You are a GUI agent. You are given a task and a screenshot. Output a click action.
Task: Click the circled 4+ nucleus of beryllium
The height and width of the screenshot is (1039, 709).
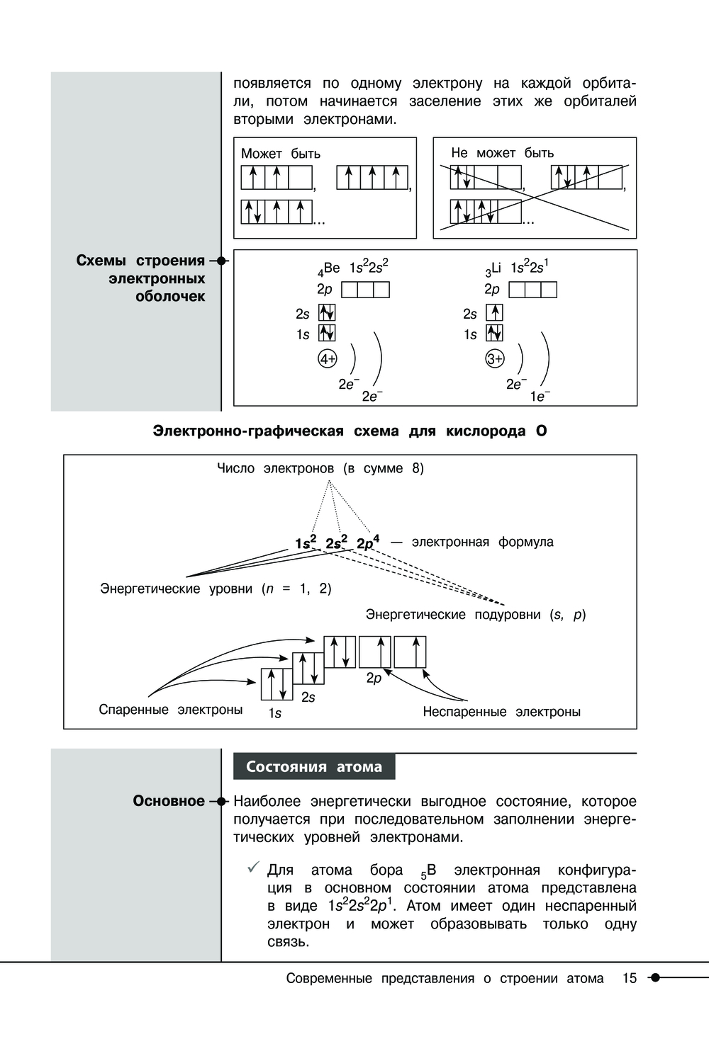(327, 359)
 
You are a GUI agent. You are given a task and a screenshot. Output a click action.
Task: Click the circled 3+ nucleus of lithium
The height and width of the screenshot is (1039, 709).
(495, 359)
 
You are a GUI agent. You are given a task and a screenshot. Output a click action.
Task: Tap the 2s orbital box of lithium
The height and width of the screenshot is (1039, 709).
(494, 312)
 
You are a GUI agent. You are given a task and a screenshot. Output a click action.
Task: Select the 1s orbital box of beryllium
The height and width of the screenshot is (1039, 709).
(327, 334)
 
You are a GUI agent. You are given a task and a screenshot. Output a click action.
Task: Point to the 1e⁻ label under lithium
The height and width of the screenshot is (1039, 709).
(540, 397)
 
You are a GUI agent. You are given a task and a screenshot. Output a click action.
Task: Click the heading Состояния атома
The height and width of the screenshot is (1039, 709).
(314, 766)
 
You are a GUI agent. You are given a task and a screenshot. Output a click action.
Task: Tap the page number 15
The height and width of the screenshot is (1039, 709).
(630, 978)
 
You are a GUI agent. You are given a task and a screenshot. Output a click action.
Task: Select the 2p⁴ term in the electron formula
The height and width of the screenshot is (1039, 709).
(367, 543)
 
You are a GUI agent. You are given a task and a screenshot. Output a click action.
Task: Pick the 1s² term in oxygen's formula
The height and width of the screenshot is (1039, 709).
(306, 543)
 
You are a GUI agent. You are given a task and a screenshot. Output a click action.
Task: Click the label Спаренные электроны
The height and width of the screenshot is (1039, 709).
(171, 710)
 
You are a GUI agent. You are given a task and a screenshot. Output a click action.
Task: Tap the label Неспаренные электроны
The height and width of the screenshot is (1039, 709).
(501, 712)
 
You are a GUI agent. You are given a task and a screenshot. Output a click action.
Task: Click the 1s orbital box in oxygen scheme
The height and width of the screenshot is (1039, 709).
(277, 684)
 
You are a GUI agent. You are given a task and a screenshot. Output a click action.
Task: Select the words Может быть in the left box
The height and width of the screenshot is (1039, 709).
(281, 154)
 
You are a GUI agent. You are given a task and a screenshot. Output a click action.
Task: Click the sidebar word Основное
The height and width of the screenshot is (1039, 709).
(169, 801)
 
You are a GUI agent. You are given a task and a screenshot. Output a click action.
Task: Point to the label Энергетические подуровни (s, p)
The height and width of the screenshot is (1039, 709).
(476, 615)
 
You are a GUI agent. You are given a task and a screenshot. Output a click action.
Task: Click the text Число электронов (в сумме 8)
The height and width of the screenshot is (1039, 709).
(320, 468)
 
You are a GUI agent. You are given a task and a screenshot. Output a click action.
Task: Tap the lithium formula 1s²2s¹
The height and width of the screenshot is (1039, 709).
(529, 267)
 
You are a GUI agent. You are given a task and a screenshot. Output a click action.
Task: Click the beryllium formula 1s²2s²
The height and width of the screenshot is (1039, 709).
(369, 267)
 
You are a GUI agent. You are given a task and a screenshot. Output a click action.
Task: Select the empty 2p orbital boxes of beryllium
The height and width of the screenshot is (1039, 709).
(365, 290)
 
